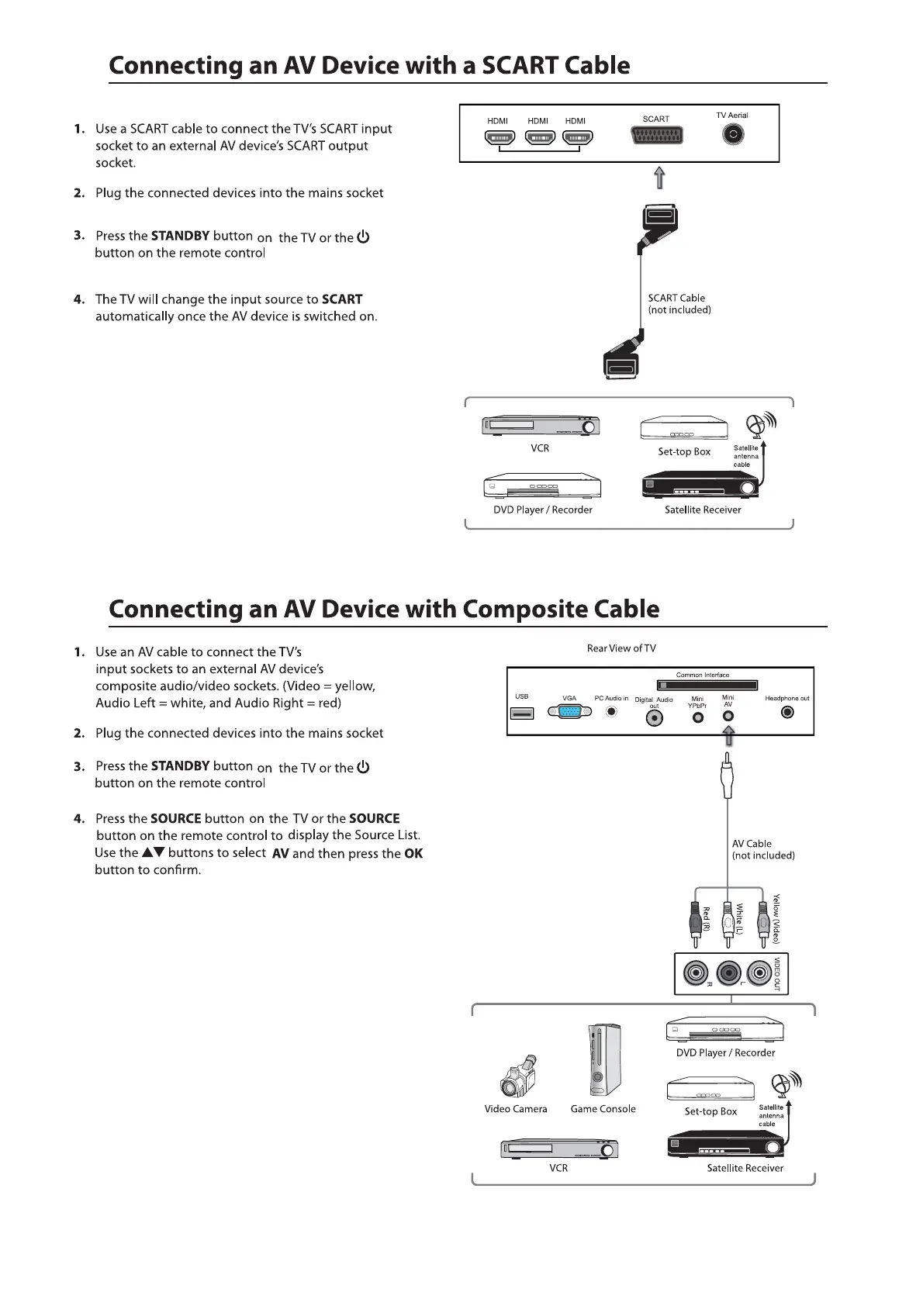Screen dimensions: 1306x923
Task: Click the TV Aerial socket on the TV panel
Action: click(732, 135)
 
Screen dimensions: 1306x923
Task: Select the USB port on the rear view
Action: click(522, 713)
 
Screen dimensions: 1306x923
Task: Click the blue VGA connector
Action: click(570, 712)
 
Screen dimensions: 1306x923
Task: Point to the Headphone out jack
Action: click(788, 712)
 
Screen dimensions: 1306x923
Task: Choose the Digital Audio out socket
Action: click(655, 717)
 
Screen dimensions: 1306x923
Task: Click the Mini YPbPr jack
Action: click(698, 717)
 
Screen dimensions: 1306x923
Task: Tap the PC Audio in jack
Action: click(612, 711)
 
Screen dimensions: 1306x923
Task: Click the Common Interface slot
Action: click(707, 685)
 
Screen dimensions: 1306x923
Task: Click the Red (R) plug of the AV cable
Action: click(695, 921)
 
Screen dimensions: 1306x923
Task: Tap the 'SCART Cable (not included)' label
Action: click(679, 303)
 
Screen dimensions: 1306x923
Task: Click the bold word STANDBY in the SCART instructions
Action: click(180, 236)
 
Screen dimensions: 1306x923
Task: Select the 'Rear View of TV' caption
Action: click(621, 648)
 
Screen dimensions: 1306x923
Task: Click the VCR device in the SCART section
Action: click(541, 426)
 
